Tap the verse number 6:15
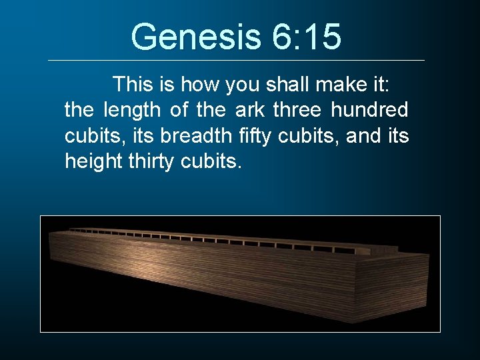click(x=306, y=37)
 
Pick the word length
click(x=133, y=110)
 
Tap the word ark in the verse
click(x=250, y=110)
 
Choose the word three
click(x=297, y=110)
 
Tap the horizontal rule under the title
click(x=236, y=61)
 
